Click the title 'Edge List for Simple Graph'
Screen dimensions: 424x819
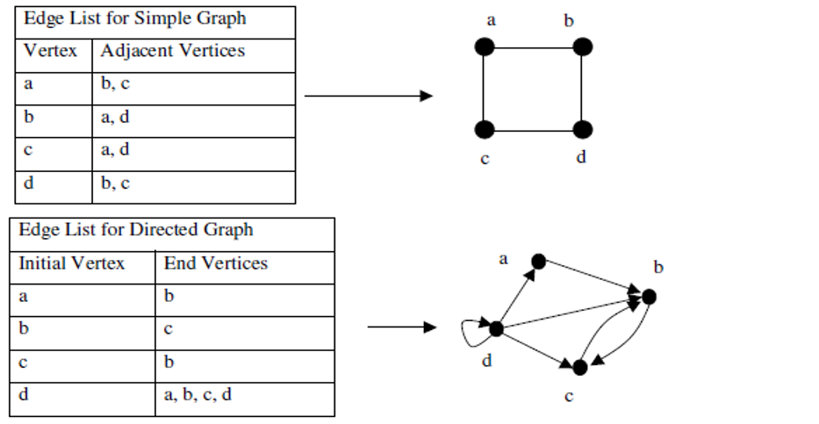(x=134, y=18)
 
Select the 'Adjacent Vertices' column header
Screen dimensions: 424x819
(x=172, y=52)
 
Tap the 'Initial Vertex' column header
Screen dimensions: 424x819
(x=72, y=263)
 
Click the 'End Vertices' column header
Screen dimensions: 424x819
(x=215, y=263)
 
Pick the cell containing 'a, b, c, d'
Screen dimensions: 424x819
(x=198, y=394)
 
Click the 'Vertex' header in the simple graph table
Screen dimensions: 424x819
(x=50, y=52)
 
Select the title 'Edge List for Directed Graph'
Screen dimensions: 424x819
(x=136, y=230)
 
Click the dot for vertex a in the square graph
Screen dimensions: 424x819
(x=484, y=47)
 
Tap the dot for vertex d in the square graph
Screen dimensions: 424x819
(x=582, y=130)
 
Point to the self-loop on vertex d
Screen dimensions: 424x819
(x=470, y=331)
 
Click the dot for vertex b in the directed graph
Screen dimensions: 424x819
(x=649, y=297)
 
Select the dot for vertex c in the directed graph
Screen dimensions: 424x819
(x=579, y=367)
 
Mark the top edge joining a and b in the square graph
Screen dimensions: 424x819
(x=533, y=47)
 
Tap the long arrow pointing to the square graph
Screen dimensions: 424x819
(x=369, y=95)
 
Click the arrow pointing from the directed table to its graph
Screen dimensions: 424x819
(x=401, y=327)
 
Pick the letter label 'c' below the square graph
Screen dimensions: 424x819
(x=485, y=159)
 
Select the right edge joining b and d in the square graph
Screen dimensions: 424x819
(x=582, y=88)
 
